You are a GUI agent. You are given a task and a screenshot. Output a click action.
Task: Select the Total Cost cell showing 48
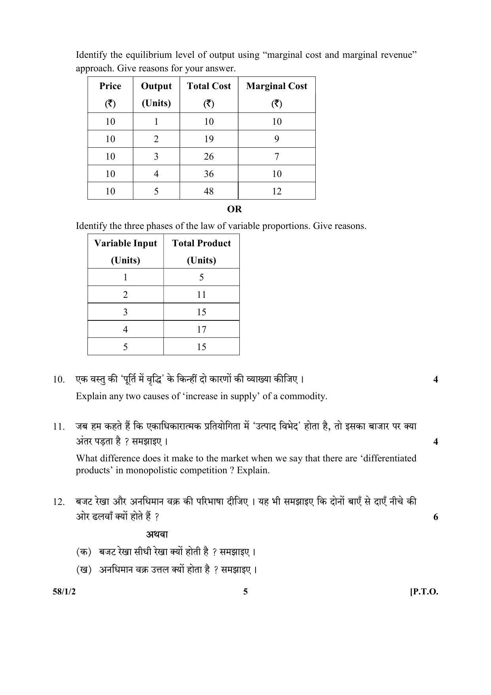pos(209,191)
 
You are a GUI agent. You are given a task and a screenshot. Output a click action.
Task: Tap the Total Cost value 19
pos(209,139)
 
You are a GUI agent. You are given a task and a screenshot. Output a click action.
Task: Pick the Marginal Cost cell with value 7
pos(277,156)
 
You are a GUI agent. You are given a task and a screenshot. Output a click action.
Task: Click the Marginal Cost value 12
pos(277,191)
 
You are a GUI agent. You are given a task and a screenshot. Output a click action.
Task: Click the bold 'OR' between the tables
pos(235,209)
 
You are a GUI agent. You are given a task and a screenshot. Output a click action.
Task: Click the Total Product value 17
pos(201,329)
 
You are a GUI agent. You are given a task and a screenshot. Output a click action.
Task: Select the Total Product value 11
pos(201,295)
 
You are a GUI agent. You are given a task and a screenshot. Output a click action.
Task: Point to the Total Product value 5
pos(201,277)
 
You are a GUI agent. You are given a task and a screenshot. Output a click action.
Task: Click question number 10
pos(59,379)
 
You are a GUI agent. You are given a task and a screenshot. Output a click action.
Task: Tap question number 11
pos(59,427)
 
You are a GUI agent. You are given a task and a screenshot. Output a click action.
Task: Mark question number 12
pos(59,502)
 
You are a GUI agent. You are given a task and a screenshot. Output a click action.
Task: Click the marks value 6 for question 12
pos(436,517)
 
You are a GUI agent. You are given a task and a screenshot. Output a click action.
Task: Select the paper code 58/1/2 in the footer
pos(64,592)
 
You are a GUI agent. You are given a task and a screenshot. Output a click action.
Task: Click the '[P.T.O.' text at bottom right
pos(424,592)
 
